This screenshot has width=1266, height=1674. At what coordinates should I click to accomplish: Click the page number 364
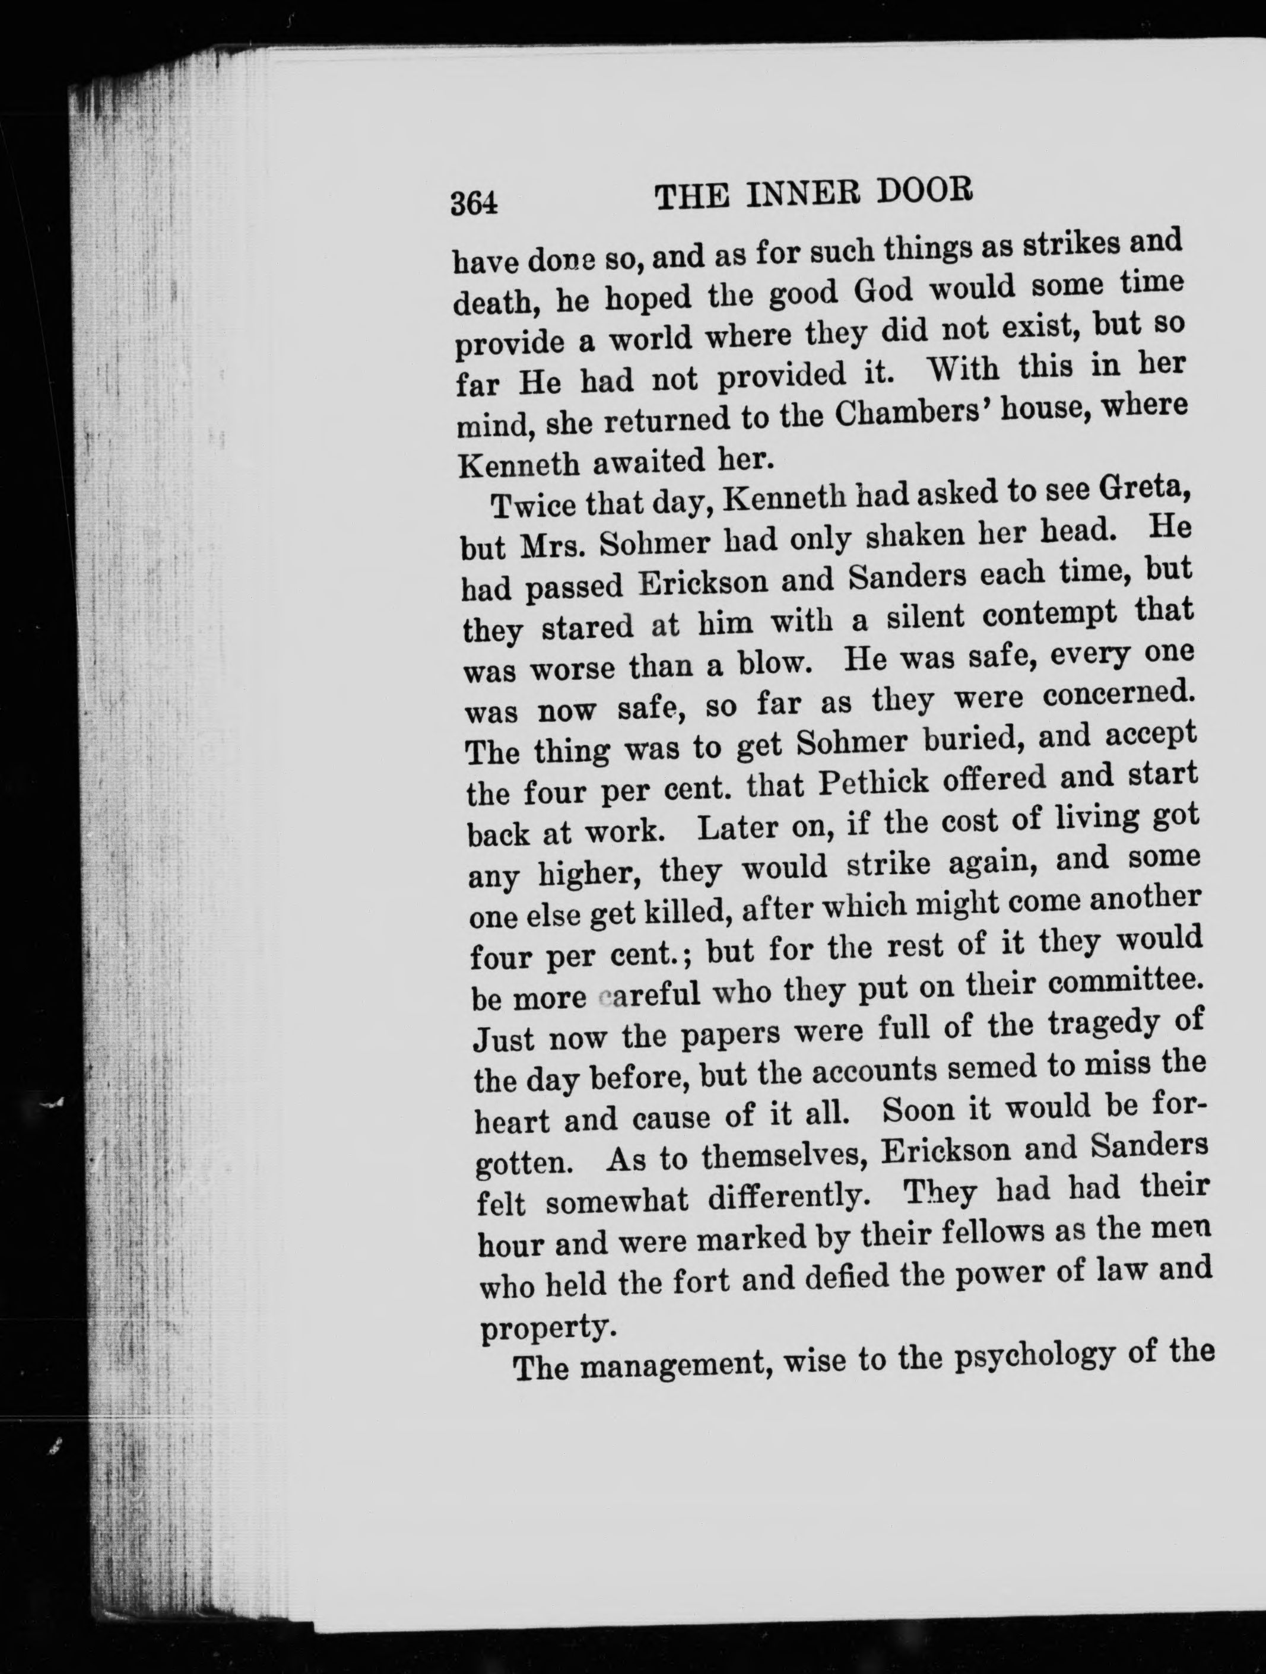[474, 203]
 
